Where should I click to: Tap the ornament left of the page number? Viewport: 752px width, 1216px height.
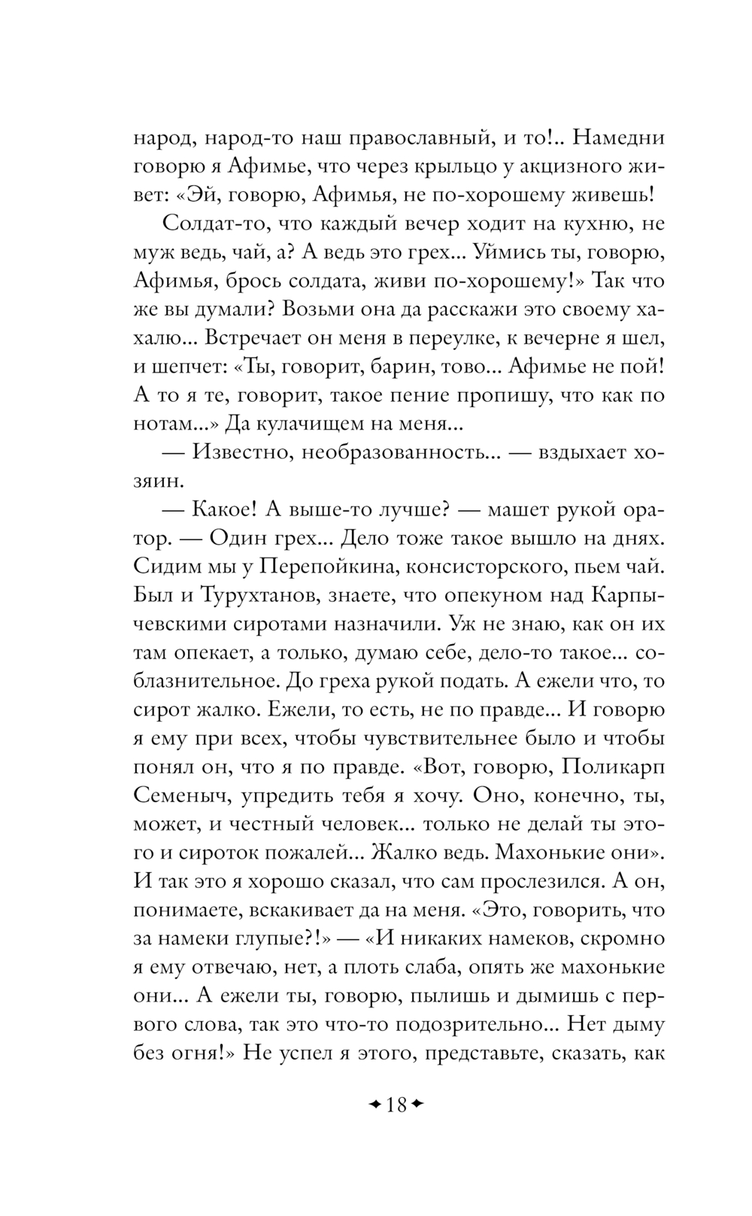[x=373, y=1105]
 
